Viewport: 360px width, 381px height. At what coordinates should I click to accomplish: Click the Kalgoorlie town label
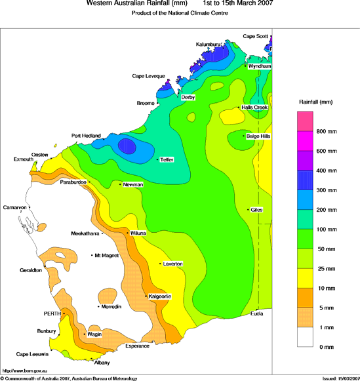[160, 296]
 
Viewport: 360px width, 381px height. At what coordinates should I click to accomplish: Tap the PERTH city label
[52, 313]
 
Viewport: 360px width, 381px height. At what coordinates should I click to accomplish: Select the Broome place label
[145, 103]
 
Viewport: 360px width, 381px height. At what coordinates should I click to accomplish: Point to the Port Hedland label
[86, 136]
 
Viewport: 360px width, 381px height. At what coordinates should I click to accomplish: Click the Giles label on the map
[256, 210]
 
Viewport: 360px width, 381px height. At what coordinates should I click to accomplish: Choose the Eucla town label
[256, 313]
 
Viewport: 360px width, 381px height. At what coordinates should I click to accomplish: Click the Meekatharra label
[85, 233]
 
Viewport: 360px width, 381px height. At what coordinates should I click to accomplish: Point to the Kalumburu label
[209, 44]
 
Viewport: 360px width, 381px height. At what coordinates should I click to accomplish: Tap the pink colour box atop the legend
[306, 122]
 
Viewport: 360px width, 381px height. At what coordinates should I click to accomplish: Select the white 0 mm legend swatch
[306, 337]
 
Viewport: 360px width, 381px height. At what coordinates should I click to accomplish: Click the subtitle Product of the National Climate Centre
[179, 14]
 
